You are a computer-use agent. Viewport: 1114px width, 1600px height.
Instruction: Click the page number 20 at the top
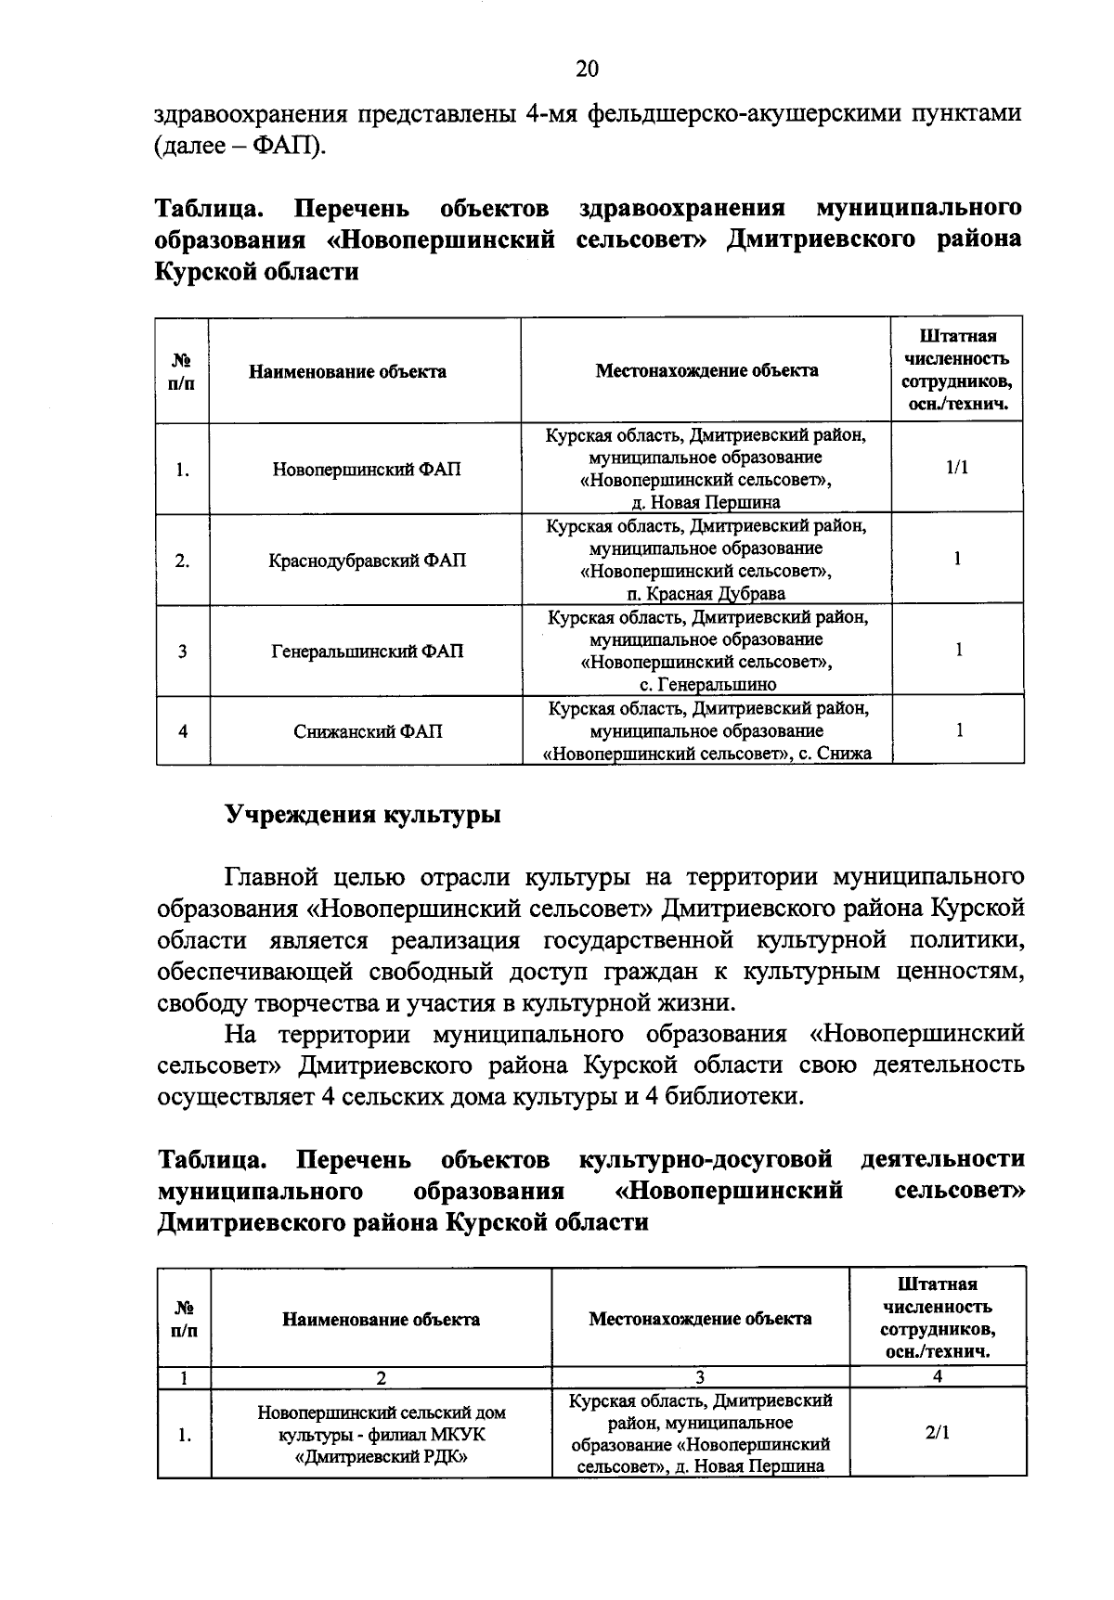point(587,70)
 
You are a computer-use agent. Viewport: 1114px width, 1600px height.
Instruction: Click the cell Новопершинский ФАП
point(366,470)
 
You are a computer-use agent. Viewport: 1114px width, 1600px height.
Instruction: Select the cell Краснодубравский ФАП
point(366,561)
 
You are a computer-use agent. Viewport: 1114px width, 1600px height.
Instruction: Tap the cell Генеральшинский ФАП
point(366,652)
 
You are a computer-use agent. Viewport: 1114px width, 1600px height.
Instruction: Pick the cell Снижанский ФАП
point(368,731)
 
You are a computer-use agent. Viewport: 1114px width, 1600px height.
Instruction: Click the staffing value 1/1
point(957,468)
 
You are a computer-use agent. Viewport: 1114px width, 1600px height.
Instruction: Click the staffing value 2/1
point(937,1432)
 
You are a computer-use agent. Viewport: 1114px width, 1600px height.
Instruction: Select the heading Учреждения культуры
point(363,815)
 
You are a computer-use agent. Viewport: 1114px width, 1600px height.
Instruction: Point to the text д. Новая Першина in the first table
point(706,502)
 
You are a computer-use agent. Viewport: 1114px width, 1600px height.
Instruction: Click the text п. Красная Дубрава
point(706,594)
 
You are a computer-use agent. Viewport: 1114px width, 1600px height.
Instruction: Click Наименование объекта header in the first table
point(347,372)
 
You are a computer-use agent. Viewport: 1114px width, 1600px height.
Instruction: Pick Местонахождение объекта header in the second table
point(700,1319)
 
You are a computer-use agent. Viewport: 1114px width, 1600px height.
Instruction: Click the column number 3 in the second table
point(700,1377)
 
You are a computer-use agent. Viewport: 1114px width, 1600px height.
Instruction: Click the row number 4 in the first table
point(183,731)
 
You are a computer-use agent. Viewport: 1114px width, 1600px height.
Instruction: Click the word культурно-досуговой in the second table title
point(703,1159)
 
